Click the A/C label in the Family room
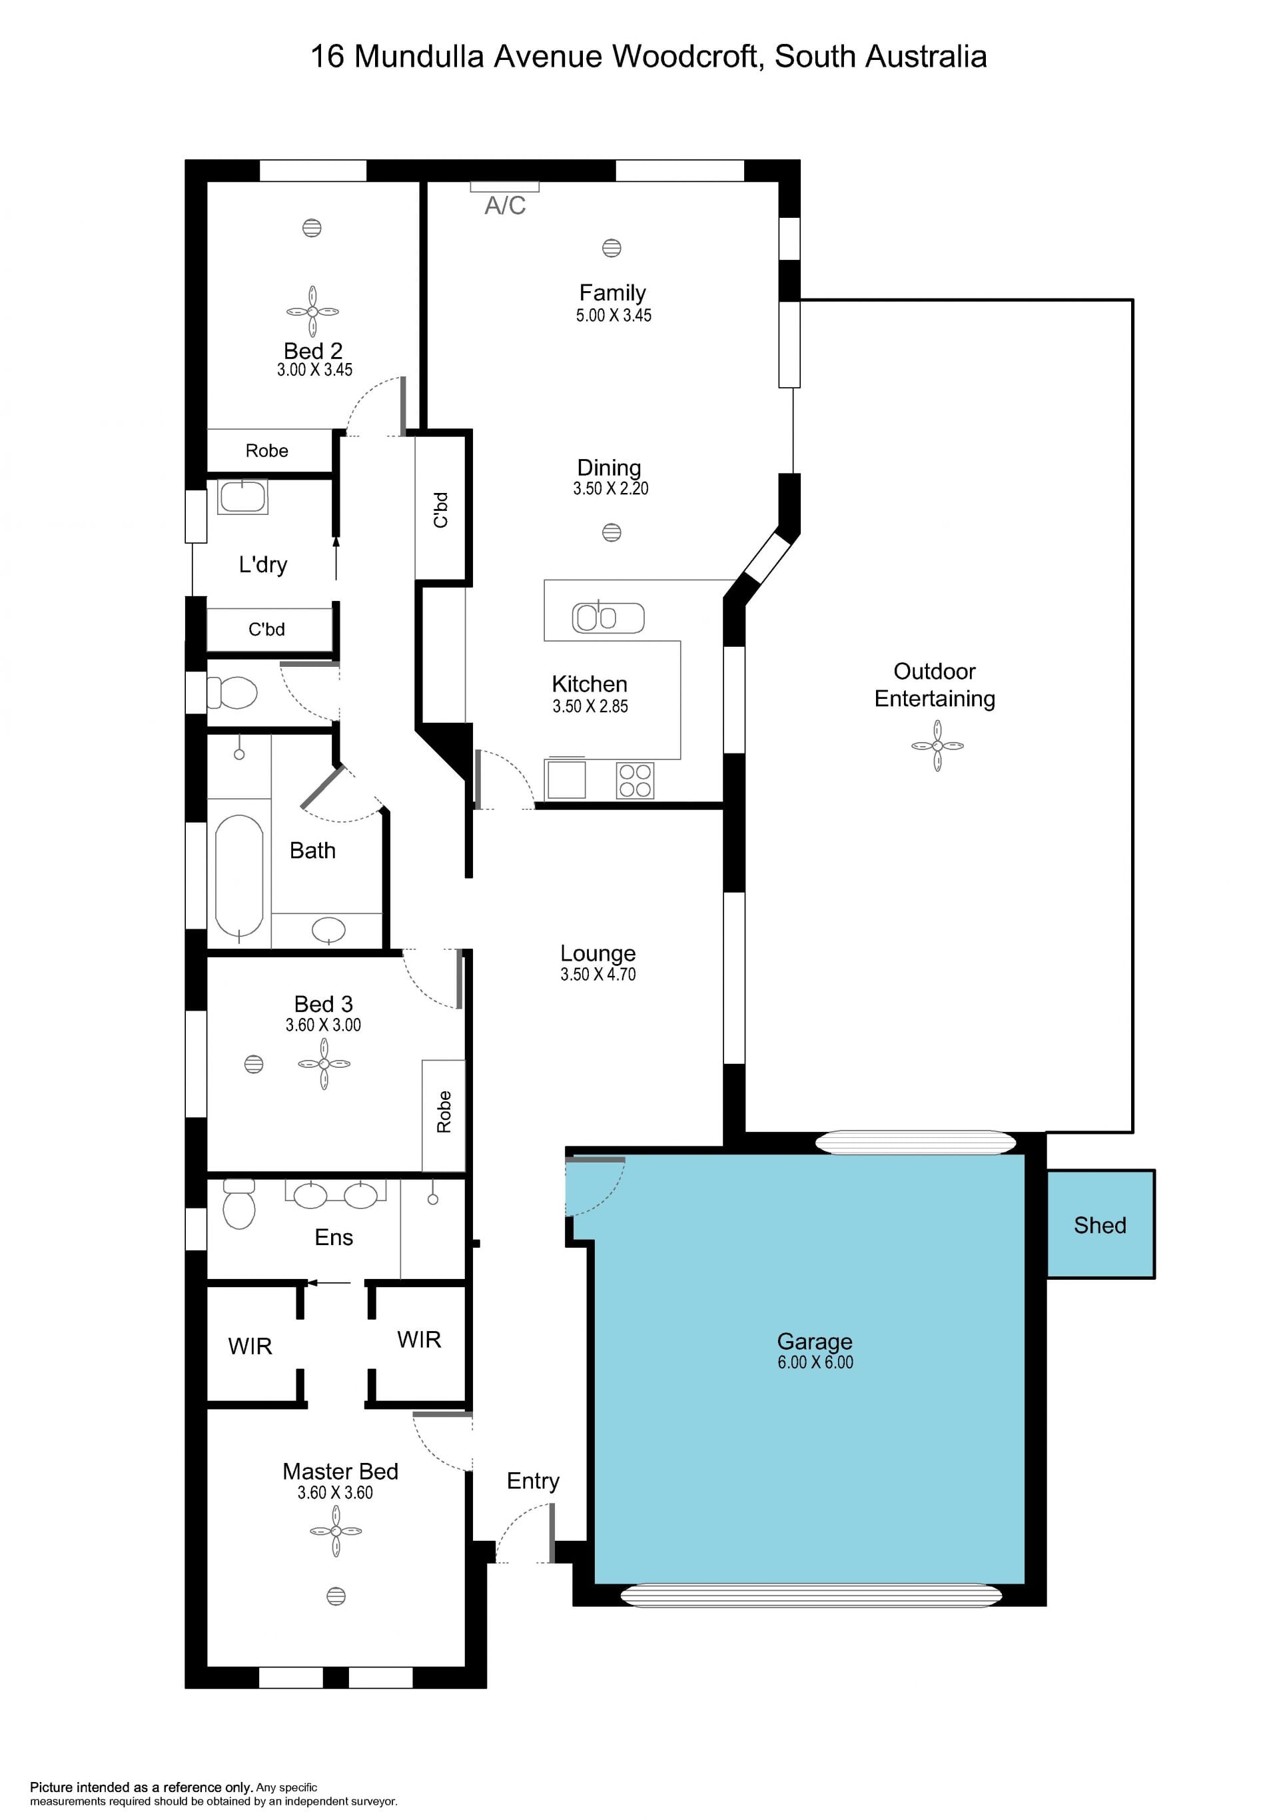tap(505, 205)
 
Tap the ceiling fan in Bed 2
tap(312, 312)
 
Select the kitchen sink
tap(608, 618)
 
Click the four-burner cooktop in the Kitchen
tap(635, 780)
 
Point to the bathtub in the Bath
tap(238, 877)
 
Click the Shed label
tap(1100, 1226)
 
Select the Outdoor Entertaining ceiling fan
tap(937, 746)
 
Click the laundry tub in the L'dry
tap(242, 497)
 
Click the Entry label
tap(532, 1481)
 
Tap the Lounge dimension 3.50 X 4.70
tap(598, 974)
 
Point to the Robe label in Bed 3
tap(444, 1112)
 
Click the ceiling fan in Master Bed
tap(336, 1531)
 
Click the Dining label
tap(609, 468)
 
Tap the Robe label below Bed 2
tap(266, 451)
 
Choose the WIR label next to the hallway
tap(418, 1340)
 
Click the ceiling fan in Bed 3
tap(324, 1064)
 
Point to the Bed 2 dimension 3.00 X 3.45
tap(314, 369)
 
